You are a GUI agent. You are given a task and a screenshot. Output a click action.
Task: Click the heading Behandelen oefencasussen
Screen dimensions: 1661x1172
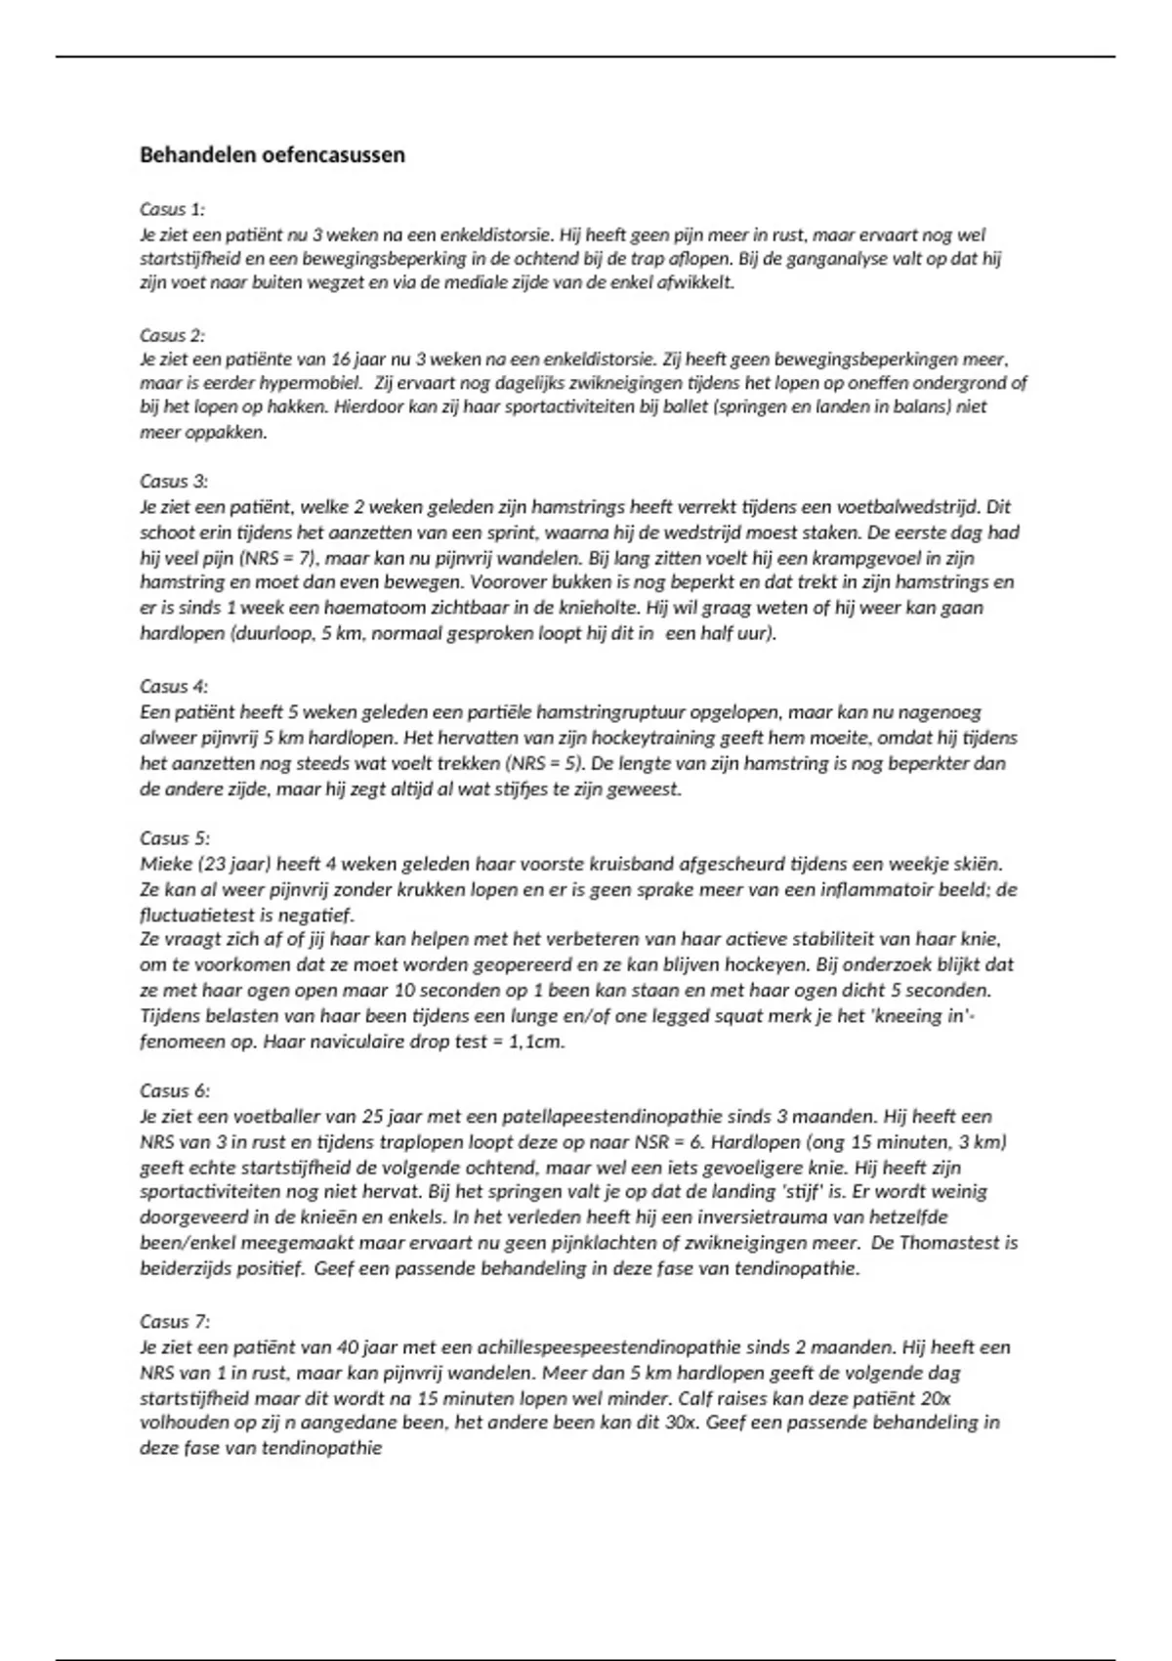(x=272, y=155)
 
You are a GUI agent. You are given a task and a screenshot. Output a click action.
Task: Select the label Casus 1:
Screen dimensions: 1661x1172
(x=172, y=209)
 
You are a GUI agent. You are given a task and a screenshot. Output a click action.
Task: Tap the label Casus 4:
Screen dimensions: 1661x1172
(x=173, y=687)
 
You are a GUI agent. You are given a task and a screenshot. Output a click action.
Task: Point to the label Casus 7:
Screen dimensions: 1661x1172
(x=174, y=1321)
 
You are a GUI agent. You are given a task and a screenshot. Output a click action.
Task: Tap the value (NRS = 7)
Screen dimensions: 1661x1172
(x=266, y=559)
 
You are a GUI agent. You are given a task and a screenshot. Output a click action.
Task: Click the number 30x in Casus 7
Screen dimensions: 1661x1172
(x=681, y=1424)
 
